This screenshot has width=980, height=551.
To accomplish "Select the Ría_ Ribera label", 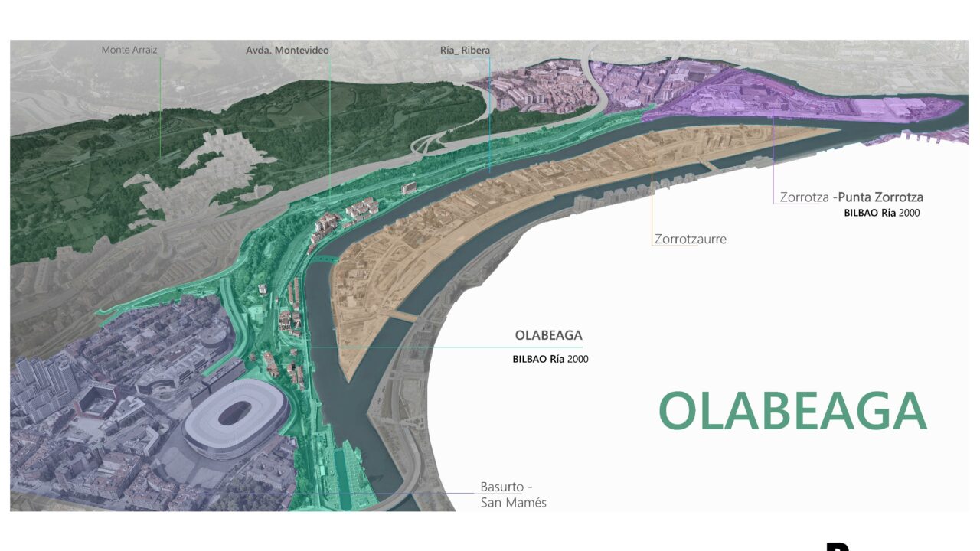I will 465,51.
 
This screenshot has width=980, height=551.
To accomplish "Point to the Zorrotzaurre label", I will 690,240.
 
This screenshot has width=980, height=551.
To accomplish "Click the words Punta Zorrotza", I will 880,197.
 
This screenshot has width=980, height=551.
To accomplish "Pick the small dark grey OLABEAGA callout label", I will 548,336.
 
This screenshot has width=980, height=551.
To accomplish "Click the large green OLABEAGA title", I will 792,412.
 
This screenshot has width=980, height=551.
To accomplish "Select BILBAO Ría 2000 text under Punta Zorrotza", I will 881,214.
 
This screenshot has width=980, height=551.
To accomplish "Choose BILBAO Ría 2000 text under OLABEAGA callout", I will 550,359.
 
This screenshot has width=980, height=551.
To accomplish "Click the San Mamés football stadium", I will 235,418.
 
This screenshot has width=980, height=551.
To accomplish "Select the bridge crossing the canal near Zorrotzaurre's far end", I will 710,165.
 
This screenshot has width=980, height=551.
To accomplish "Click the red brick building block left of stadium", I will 96,398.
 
